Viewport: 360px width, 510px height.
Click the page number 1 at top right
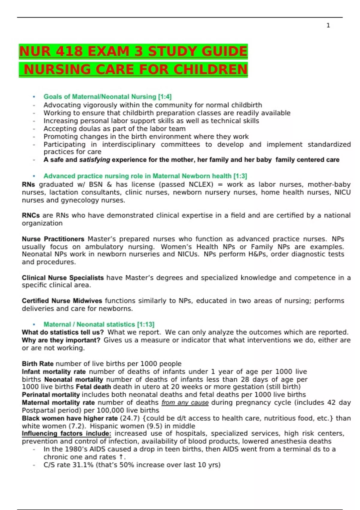pos(328,25)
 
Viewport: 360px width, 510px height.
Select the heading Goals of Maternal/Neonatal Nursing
pos(107,97)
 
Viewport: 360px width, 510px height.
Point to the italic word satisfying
pos(94,160)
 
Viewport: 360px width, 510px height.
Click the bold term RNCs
pos(31,215)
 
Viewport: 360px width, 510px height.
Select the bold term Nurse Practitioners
pos(53,239)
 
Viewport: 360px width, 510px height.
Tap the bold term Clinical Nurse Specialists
pos(63,278)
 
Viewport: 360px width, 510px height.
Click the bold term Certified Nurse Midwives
pos(62,301)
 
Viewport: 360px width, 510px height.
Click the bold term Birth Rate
pos(37,364)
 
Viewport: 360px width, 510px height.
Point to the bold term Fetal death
pos(93,387)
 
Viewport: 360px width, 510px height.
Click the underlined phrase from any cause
pos(185,403)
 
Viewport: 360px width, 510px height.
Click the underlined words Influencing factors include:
pos(66,433)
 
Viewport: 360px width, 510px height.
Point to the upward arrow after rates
pos(121,457)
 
